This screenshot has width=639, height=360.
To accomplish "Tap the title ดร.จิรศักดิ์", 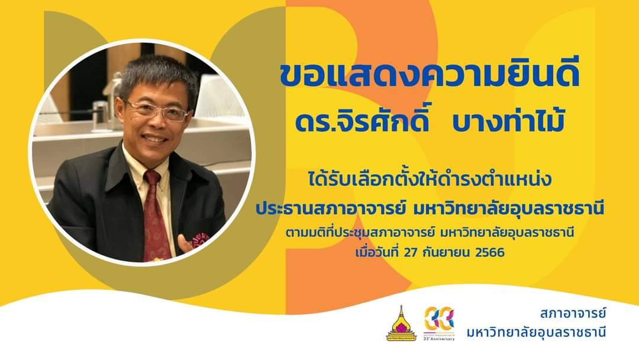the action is click(x=362, y=121).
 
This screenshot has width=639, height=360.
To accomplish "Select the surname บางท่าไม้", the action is click(x=508, y=121).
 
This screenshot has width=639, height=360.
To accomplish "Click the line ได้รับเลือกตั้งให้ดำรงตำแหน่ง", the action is click(x=430, y=181).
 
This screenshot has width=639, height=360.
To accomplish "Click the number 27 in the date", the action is click(x=412, y=252).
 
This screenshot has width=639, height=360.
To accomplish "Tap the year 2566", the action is click(x=490, y=252).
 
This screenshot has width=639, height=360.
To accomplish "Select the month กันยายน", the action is click(x=447, y=253).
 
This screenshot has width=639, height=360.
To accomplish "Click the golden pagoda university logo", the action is click(x=401, y=323).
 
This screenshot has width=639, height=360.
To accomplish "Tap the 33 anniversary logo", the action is click(x=439, y=323).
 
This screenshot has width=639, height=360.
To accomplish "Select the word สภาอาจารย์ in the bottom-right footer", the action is click(x=573, y=314).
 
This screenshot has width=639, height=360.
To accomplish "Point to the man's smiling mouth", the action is click(x=156, y=139).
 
